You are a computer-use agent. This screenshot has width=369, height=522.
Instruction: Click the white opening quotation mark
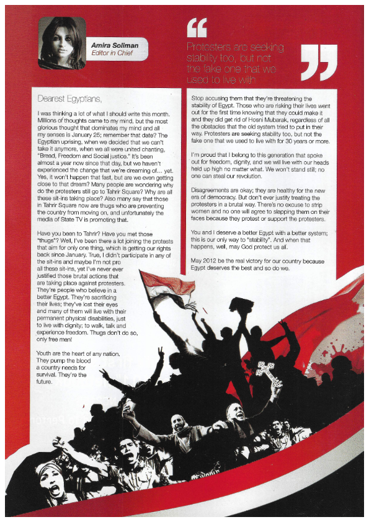[197, 27]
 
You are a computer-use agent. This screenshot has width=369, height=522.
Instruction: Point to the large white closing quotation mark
[319, 63]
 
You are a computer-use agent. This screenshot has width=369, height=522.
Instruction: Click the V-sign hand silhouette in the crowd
[160, 354]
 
